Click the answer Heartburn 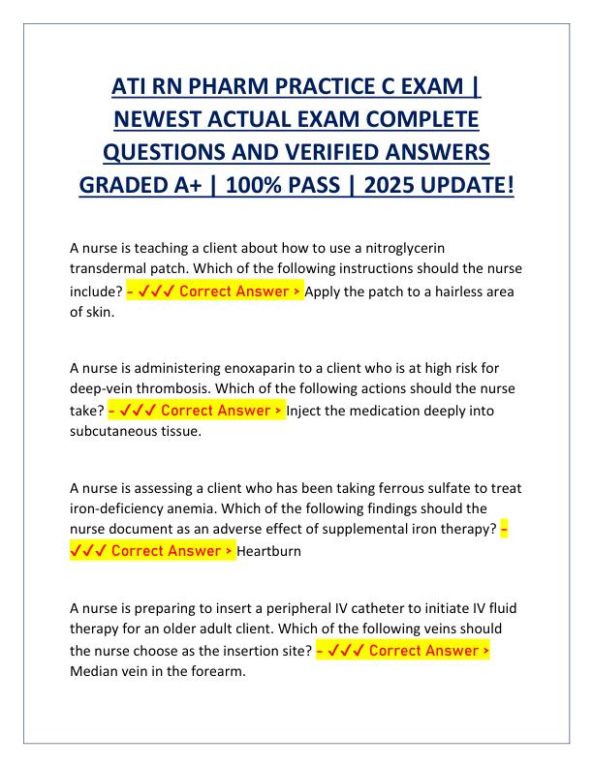[x=270, y=551]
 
